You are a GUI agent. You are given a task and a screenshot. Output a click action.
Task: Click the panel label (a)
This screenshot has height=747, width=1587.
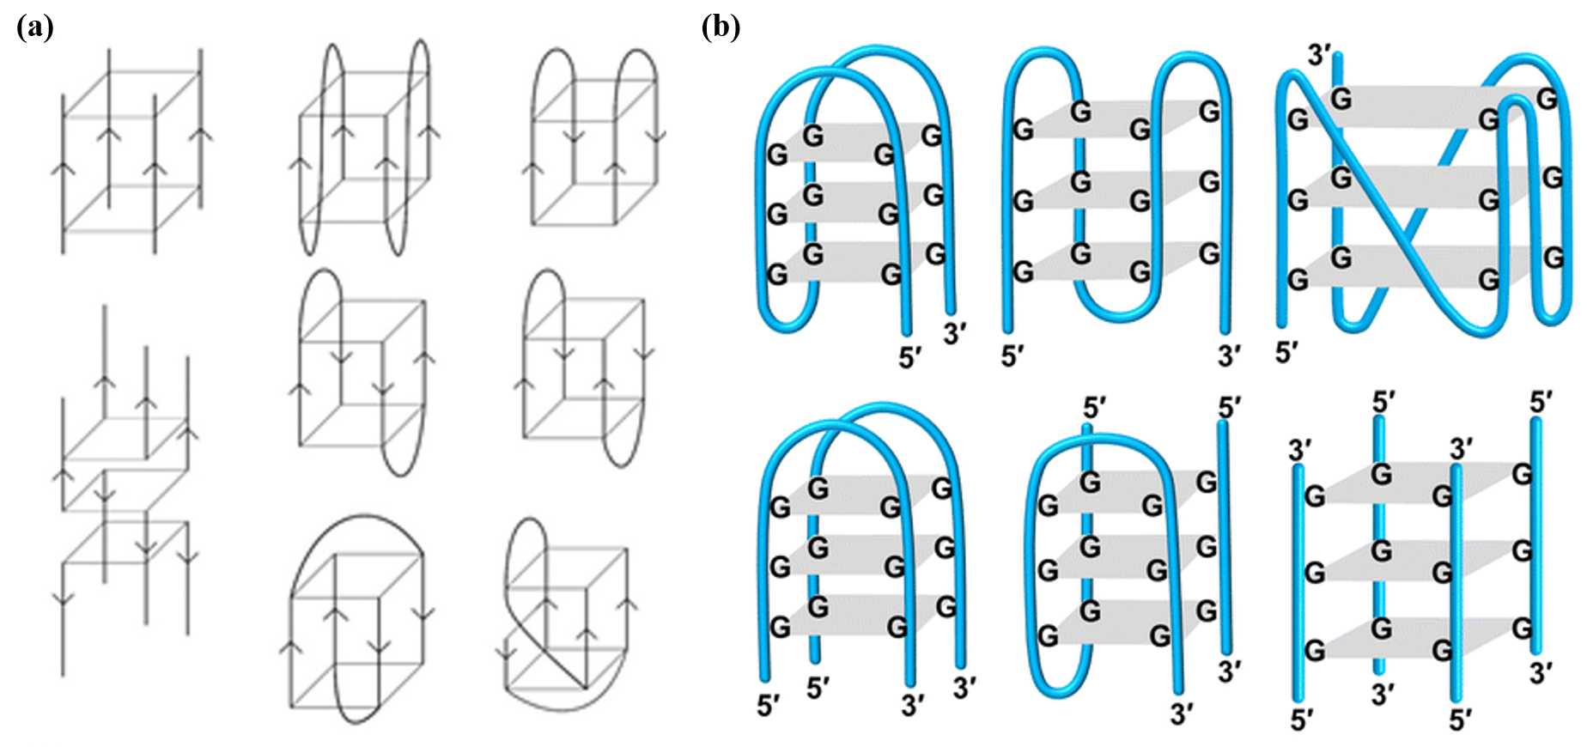click(x=35, y=27)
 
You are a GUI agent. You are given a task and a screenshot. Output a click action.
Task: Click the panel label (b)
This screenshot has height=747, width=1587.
click(x=721, y=27)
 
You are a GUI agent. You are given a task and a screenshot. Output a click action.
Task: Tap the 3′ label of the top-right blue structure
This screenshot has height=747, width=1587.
click(x=1319, y=55)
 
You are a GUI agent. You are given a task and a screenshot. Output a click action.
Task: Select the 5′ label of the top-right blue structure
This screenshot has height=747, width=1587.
click(x=1286, y=352)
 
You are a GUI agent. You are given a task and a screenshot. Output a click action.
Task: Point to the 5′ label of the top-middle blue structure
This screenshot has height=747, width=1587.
click(x=1013, y=355)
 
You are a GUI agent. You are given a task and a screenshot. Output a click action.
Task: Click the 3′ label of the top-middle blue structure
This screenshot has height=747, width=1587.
click(x=1230, y=355)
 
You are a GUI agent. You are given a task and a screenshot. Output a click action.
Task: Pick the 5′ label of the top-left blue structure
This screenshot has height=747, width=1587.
click(x=910, y=358)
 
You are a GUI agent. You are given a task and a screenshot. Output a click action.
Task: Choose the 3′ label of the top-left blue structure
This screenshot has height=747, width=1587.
click(x=955, y=333)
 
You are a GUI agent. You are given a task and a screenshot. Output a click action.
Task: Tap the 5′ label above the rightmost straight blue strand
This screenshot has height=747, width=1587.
click(x=1541, y=402)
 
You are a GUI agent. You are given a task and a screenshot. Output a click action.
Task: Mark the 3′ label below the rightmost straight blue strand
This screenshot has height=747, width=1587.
click(x=1541, y=674)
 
